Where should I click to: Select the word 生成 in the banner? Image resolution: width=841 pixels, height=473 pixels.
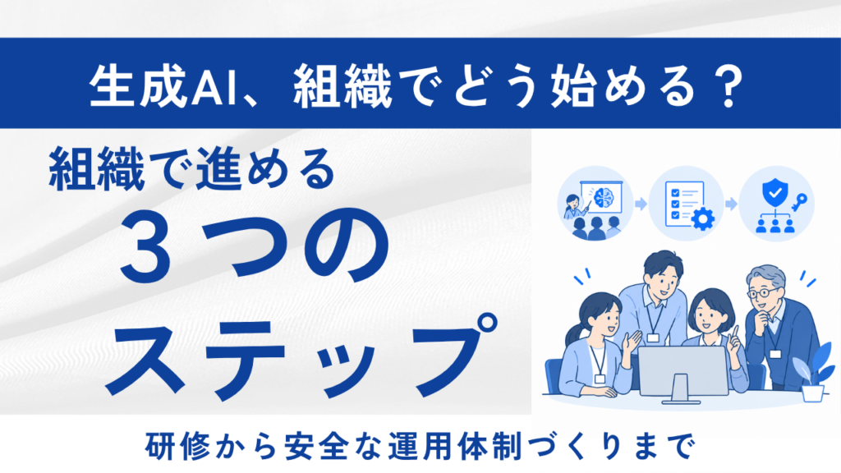[138, 86]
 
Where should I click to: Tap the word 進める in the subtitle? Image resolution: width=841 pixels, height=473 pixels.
[265, 170]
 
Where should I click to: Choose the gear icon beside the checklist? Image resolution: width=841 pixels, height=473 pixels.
[703, 218]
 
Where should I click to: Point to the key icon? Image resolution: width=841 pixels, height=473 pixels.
[798, 202]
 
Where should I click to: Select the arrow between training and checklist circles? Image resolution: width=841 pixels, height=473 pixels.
[641, 204]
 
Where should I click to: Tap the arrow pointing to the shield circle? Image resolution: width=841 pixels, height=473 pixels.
[731, 204]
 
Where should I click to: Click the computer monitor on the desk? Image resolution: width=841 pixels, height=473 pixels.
[681, 374]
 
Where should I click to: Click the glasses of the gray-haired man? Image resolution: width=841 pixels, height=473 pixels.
[761, 293]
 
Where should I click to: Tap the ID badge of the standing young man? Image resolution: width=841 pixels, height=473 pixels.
[653, 338]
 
